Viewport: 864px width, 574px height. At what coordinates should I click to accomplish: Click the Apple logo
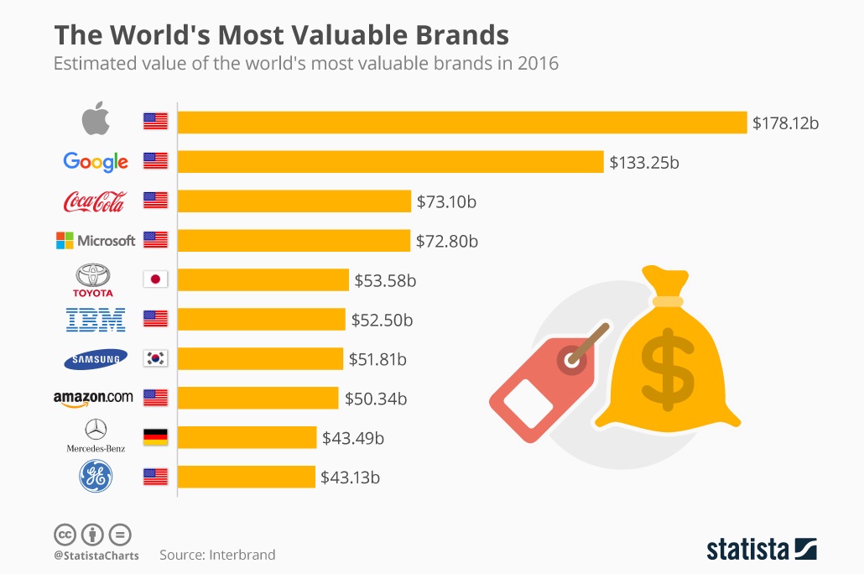(x=96, y=121)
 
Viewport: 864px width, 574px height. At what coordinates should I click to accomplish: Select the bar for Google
(x=390, y=161)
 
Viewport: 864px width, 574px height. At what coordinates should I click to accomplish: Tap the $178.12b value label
(x=785, y=123)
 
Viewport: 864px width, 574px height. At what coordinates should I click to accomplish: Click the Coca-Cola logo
(x=95, y=201)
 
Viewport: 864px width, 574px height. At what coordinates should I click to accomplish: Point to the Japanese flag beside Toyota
(x=155, y=279)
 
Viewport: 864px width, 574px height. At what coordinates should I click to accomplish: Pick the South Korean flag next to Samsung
(x=155, y=358)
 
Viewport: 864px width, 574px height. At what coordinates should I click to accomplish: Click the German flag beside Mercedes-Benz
(x=155, y=437)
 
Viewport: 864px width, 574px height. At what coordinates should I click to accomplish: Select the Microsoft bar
(x=294, y=240)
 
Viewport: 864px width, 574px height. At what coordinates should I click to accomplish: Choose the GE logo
(x=95, y=477)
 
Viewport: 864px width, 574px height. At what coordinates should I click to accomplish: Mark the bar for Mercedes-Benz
(x=247, y=437)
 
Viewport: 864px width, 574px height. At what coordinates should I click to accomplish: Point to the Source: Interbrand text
(x=217, y=555)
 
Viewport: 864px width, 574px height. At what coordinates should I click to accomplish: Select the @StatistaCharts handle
(x=96, y=555)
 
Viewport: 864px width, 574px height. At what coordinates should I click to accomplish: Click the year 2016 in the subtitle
(x=539, y=64)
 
